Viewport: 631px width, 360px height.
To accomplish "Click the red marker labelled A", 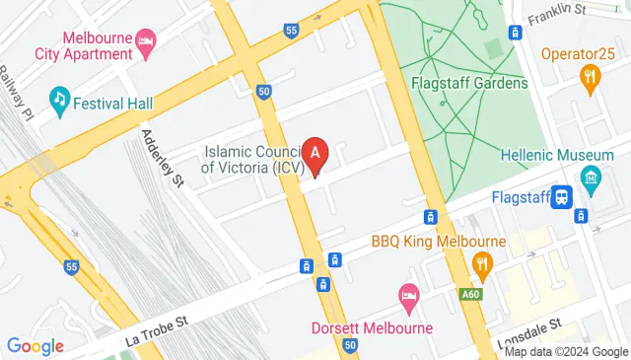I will coord(315,156).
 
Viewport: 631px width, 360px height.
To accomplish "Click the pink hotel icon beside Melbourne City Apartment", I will coord(145,39).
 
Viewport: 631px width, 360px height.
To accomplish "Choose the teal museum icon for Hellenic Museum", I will coord(592,178).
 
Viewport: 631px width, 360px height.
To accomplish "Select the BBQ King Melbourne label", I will coord(438,241).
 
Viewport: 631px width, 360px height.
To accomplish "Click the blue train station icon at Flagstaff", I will coord(562,197).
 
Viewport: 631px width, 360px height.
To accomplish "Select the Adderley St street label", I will coord(163,158).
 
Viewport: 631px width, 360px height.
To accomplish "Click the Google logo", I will coord(35,346).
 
